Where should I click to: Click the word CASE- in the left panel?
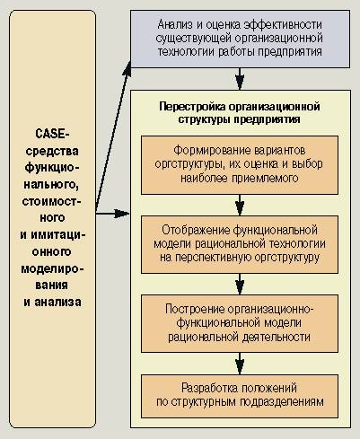click(52, 134)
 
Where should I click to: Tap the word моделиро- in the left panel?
click(52, 269)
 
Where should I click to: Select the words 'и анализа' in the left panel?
click(52, 302)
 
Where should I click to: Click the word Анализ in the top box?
click(175, 25)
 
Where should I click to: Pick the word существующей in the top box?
click(194, 39)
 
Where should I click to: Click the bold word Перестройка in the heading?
click(192, 107)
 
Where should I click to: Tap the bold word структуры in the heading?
click(204, 119)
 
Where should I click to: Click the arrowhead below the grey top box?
click(240, 82)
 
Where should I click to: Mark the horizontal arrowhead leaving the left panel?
click(122, 214)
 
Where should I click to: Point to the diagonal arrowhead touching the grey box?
click(127, 68)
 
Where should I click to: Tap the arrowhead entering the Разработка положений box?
click(240, 367)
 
